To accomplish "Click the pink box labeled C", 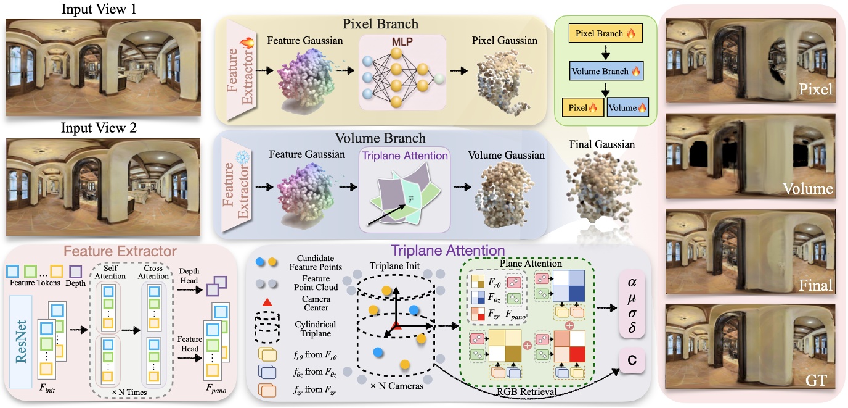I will pyautogui.click(x=632, y=359).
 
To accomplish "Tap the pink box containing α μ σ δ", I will pyautogui.click(x=632, y=304).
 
